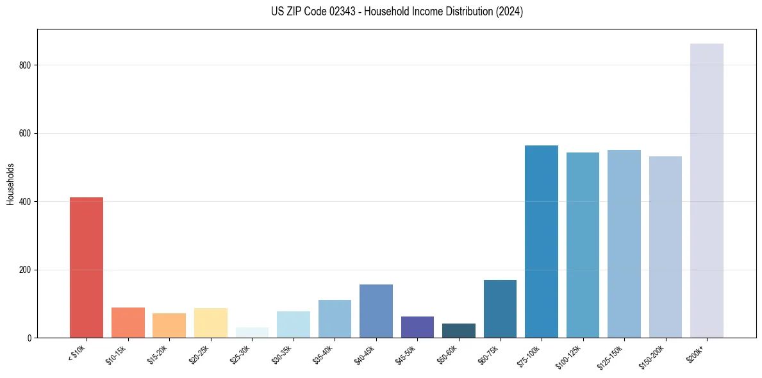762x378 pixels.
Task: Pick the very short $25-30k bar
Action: (252, 333)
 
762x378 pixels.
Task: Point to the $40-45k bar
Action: (376, 311)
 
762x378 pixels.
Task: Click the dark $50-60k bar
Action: (459, 331)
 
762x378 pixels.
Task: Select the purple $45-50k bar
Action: (417, 327)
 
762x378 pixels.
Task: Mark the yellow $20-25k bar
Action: (211, 323)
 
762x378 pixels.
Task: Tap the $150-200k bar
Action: (665, 247)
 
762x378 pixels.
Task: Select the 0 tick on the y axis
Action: (29, 338)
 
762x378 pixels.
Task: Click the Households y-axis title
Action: (11, 184)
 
